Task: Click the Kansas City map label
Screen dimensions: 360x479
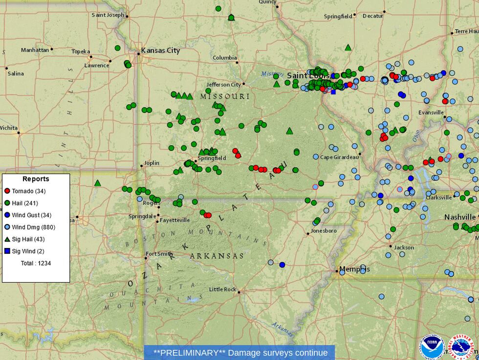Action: pyautogui.click(x=160, y=50)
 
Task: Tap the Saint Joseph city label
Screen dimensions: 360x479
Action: pyautogui.click(x=108, y=15)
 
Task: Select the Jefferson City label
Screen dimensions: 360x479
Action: pyautogui.click(x=223, y=85)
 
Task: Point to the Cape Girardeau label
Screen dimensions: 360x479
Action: pyautogui.click(x=339, y=157)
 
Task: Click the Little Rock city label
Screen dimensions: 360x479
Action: pyautogui.click(x=222, y=290)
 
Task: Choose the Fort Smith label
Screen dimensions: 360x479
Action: pyautogui.click(x=159, y=254)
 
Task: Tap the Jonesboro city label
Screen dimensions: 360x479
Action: pyautogui.click(x=324, y=230)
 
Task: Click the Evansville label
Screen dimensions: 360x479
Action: pyautogui.click(x=431, y=112)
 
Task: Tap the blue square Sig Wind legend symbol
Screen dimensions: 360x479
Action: pyautogui.click(x=7, y=251)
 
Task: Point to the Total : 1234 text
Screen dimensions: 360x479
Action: pyautogui.click(x=36, y=263)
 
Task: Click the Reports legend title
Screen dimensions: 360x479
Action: pyautogui.click(x=36, y=179)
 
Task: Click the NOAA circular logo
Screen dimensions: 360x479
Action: pyautogui.click(x=432, y=347)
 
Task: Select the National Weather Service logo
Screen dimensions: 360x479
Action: pyautogui.click(x=462, y=347)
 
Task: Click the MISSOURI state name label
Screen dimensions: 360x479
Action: pyautogui.click(x=224, y=96)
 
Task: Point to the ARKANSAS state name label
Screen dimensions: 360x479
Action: pyautogui.click(x=217, y=256)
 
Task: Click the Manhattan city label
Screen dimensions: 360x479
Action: pyautogui.click(x=35, y=50)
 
